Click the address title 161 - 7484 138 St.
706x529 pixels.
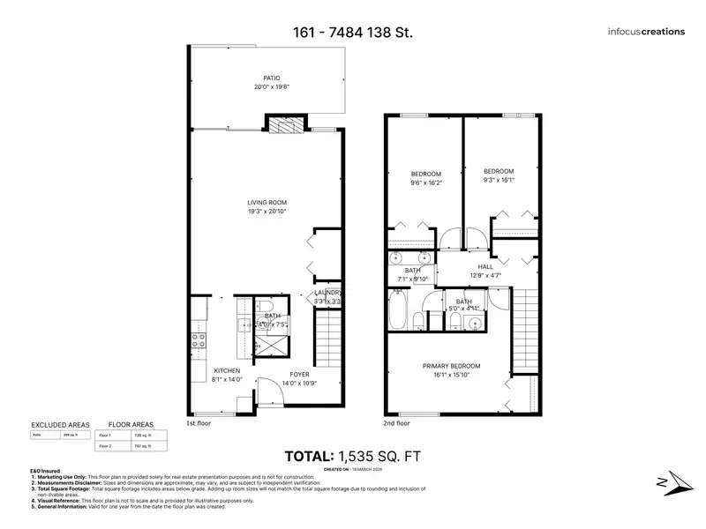coord(352,33)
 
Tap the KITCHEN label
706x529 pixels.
coord(228,371)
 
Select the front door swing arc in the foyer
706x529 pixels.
coord(263,388)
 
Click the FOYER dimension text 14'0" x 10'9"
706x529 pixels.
coord(298,384)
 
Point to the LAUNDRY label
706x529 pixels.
coord(328,293)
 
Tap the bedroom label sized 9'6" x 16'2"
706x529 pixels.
coord(426,178)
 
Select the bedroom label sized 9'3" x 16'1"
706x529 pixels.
coord(499,175)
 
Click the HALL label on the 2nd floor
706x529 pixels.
coord(485,266)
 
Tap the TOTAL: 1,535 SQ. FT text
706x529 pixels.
coord(353,456)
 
